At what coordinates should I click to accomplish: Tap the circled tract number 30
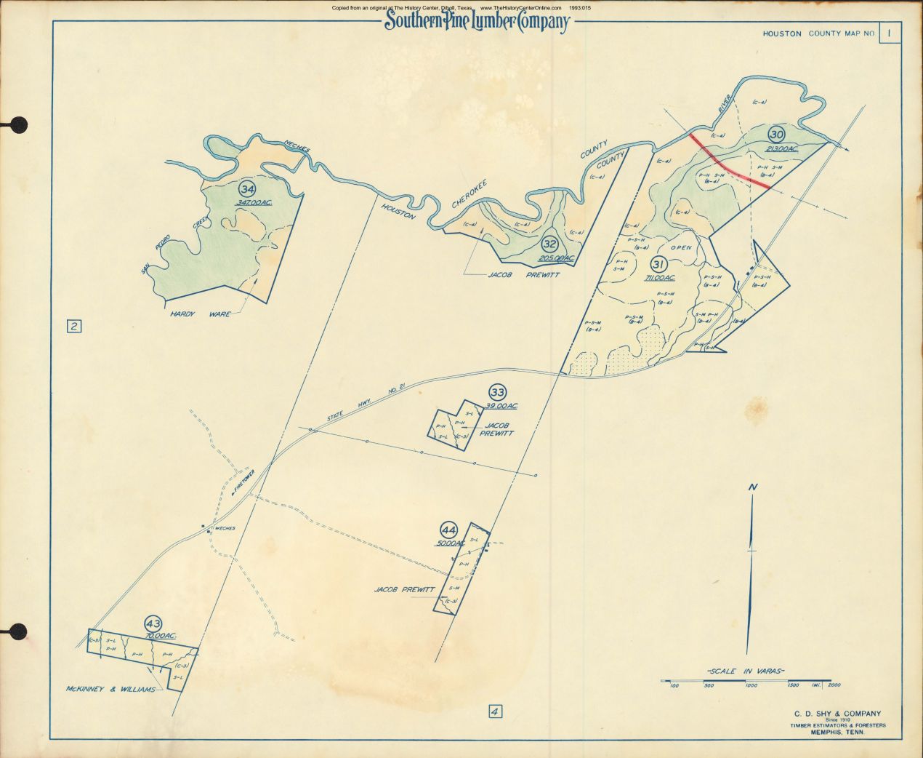(776, 134)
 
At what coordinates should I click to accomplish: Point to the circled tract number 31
(659, 263)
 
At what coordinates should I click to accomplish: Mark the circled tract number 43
(153, 623)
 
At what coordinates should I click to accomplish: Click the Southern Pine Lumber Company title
(476, 22)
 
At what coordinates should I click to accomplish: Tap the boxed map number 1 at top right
(889, 33)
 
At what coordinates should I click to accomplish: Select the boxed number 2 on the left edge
(73, 326)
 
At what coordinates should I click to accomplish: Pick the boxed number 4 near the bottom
(495, 711)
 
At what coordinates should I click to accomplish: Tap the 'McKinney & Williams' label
(110, 689)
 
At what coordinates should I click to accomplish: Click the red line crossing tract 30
(730, 162)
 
